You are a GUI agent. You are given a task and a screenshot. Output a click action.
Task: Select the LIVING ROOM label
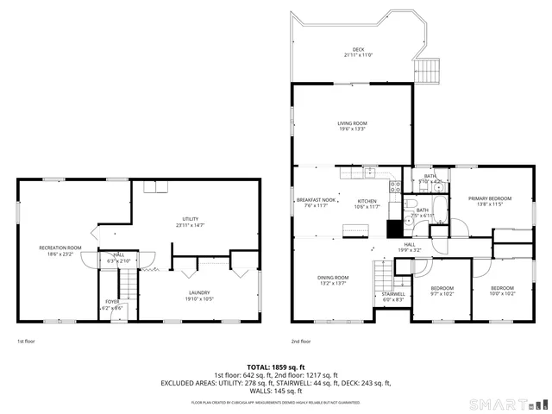tap(351, 123)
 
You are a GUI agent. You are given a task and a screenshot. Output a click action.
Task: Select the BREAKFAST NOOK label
tap(316, 200)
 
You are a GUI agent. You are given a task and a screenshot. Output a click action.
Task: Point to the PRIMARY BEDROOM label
tap(490, 198)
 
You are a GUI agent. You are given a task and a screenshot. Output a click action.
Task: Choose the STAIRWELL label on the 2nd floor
tap(393, 293)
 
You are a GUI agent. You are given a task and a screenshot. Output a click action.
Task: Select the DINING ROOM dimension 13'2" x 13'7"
tap(332, 283)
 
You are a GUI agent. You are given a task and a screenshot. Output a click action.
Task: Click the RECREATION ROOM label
tap(60, 248)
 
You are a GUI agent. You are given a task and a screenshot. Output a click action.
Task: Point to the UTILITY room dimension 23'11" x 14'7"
tap(191, 225)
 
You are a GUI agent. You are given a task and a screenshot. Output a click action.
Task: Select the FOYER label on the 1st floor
tap(112, 302)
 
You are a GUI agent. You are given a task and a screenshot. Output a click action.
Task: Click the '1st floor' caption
tap(26, 341)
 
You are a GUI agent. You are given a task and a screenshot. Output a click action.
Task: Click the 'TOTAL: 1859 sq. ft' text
tap(276, 367)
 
